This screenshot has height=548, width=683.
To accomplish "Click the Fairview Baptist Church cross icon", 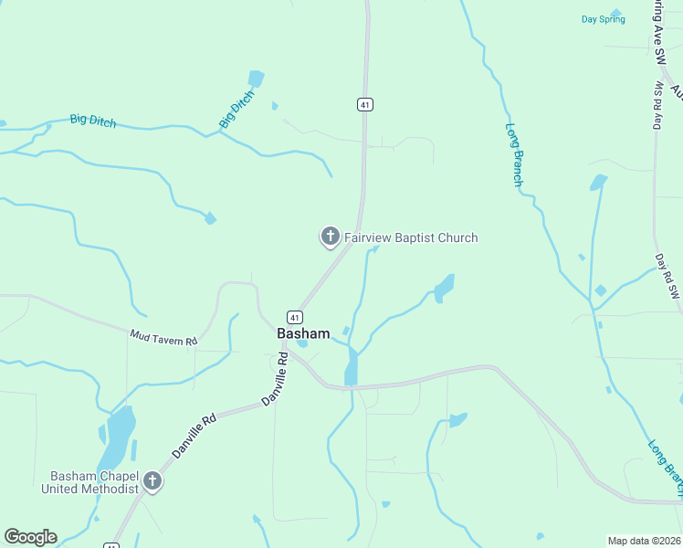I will pos(330,237).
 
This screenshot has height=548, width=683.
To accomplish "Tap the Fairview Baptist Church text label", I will pos(411,238).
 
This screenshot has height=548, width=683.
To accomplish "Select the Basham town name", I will pos(303,334).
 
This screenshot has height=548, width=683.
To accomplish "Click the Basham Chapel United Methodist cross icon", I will pos(152,481).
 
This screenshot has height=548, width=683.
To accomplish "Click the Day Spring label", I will pos(603,19).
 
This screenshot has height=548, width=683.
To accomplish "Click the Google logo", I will pos(30,537).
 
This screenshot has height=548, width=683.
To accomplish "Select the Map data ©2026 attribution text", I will pos(644,540).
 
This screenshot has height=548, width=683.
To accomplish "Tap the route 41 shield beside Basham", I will pos(295,317).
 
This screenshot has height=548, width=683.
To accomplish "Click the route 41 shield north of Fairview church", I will pos(365,105).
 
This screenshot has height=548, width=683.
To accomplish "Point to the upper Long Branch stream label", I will pos(514,155).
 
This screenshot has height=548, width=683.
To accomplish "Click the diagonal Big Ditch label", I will pos(236,109).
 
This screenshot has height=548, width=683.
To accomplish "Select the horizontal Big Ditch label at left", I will pos(93,121).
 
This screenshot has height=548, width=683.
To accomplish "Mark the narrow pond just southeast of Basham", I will pos(352,367).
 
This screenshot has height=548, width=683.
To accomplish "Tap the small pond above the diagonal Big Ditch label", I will pos(256,79).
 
